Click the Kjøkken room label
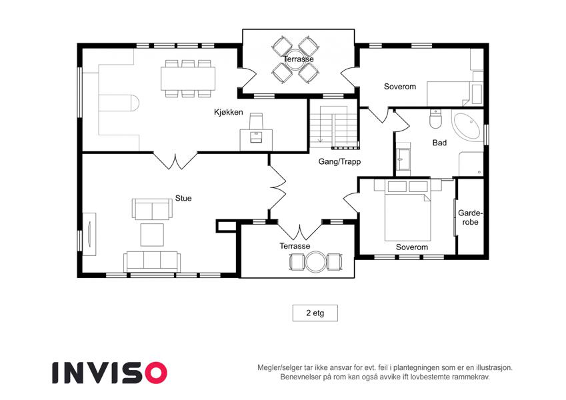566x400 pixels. pos(228,112)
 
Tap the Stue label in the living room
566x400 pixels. pos(183,198)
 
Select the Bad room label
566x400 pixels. pos(439,143)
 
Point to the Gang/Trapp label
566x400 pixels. pos(339,162)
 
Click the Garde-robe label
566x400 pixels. pos(470,217)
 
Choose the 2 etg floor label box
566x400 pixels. pos(315,313)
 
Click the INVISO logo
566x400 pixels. pos(110,373)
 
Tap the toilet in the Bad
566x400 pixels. pos(436,119)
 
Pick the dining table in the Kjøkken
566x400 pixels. pos(188,79)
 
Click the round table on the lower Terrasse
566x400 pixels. pos(315,262)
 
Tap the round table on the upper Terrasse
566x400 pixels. pos(295,60)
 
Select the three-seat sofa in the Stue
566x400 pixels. pos(152,262)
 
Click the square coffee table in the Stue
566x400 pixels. pos(152,235)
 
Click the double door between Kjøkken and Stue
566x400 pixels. pos(175,161)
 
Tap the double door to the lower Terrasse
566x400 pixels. pos(299,231)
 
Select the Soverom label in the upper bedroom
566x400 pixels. pos(399,87)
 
